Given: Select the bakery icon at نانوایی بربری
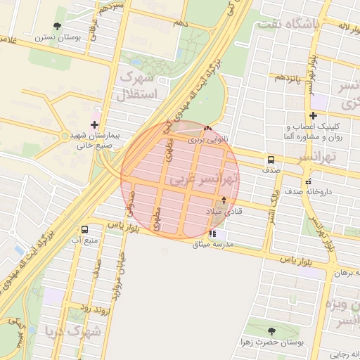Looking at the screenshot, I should coord(207,129).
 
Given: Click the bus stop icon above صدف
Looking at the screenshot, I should coord(271,160).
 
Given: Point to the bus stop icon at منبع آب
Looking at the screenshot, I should coord(85,229).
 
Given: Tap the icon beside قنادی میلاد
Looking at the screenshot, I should coord(224,200).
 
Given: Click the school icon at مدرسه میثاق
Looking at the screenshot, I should coord(212,233).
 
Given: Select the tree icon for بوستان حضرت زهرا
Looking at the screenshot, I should coord(271,331).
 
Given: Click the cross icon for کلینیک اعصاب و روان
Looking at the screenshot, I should coord(313,115).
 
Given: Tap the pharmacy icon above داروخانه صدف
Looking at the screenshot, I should coord(308,181).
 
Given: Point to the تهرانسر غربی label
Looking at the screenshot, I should coord(207,179).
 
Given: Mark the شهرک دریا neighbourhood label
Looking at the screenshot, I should coord(73,330).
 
